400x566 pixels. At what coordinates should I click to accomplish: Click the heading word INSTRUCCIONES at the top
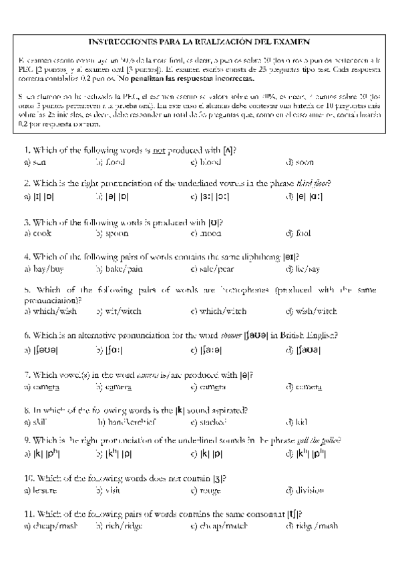(121, 41)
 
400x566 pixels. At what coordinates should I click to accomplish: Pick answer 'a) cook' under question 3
(37, 233)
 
